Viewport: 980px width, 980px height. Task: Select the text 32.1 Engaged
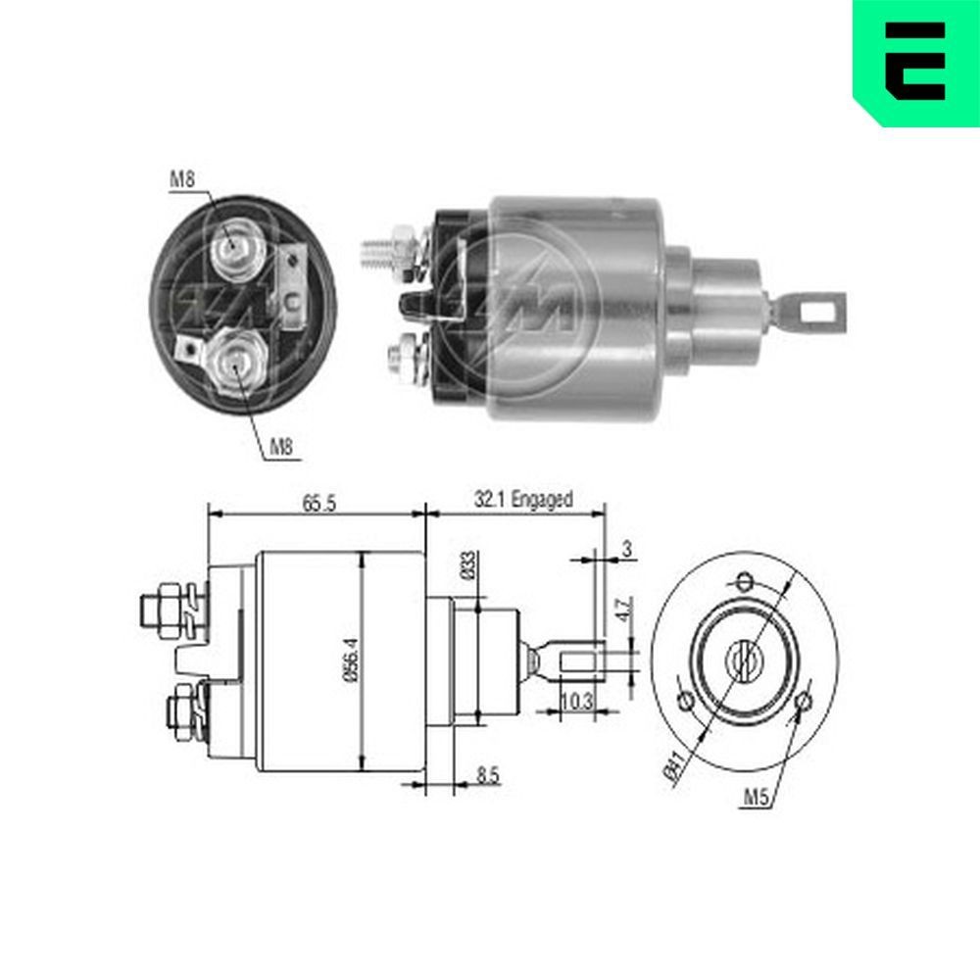tap(523, 500)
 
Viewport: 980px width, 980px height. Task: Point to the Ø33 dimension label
tap(468, 565)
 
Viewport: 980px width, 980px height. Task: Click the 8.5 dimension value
tap(487, 775)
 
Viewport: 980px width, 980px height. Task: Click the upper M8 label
tap(181, 178)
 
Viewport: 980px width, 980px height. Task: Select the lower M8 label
tap(281, 448)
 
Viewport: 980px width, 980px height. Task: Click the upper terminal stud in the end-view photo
tap(233, 250)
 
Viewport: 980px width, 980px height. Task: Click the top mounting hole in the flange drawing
tap(745, 579)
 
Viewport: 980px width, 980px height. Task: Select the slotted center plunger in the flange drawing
tap(745, 658)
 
